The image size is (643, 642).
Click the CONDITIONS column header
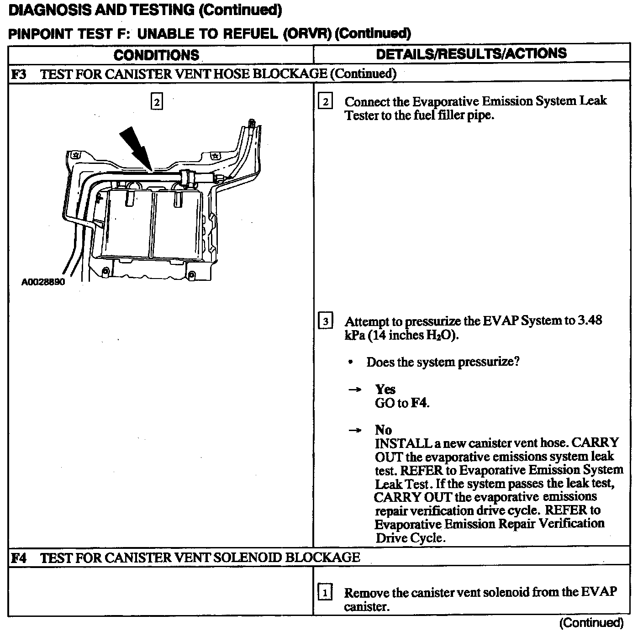point(156,55)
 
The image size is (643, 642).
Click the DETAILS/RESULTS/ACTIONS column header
point(471,54)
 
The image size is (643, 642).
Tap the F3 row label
point(18,74)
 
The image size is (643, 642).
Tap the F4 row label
point(18,558)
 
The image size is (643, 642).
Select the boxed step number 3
point(325,321)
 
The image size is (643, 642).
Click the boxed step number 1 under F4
point(325,593)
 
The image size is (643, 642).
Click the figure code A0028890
point(43,282)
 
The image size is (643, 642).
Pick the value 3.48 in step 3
point(590,321)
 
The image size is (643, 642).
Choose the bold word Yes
point(385,389)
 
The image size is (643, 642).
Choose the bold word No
point(383,430)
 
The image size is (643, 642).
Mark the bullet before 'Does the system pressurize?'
point(350,363)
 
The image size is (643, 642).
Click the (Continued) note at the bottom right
point(591,623)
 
